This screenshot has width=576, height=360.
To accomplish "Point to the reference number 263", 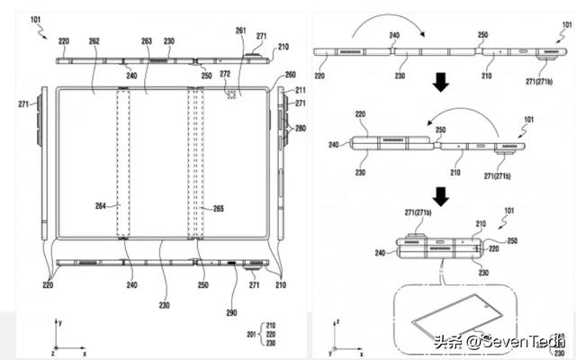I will pos(146,40).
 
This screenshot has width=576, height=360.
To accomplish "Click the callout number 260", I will pos(290,75).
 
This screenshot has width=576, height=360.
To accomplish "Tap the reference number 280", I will pos(300,129).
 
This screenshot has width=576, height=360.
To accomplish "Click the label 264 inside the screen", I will pos(101,205).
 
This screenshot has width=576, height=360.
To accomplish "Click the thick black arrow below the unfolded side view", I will pos(439,84).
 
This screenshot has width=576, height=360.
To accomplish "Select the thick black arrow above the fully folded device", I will pos(440,194).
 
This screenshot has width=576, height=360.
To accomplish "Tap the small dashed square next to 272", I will pos(232,92).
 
